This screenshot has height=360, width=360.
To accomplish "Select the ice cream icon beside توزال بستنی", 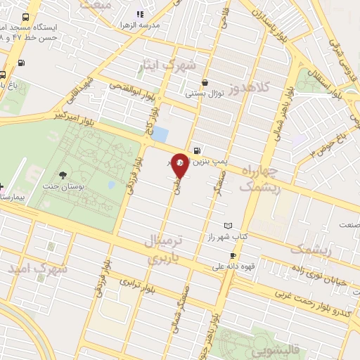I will (205, 82).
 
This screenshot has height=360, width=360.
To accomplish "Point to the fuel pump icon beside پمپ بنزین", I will (195, 150).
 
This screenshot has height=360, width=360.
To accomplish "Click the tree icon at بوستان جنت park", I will (63, 174).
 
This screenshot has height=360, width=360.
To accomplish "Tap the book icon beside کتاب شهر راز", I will (227, 226).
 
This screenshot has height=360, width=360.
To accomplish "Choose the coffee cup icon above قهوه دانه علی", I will (233, 256).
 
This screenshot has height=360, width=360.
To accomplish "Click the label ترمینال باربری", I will (163, 250).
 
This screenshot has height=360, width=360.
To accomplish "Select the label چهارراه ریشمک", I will (259, 179).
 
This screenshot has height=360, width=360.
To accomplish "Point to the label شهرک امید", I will (38, 268).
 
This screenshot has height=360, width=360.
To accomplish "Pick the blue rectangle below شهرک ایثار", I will (161, 134).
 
